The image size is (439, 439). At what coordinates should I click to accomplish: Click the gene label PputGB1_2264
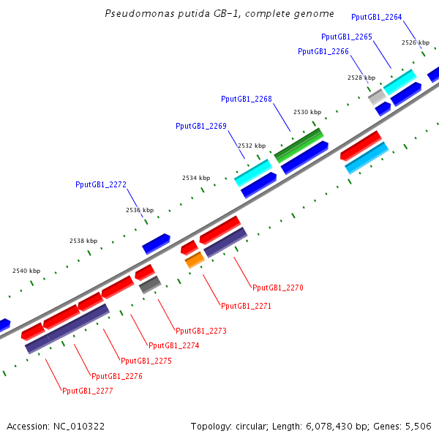tap(376, 17)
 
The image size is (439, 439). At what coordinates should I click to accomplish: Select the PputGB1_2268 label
tap(246, 99)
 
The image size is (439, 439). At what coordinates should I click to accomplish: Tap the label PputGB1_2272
tap(101, 184)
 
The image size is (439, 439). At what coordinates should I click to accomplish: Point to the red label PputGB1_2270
tap(277, 288)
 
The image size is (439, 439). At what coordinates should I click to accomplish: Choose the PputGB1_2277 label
tap(88, 391)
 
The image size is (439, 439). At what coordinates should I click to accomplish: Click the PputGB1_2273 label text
tap(201, 331)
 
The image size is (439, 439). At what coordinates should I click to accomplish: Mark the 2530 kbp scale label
tap(307, 113)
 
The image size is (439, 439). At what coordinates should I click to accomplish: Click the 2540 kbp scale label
tap(26, 271)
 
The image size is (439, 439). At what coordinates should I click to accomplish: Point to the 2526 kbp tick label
tap(416, 42)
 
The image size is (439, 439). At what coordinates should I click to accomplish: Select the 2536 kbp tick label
tap(140, 210)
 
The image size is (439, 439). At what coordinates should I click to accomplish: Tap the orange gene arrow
tap(195, 259)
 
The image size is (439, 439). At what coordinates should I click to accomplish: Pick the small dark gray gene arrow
tap(150, 285)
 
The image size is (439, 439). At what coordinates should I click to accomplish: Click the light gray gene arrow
tap(377, 96)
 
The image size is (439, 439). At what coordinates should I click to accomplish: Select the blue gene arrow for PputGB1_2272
tap(156, 243)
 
